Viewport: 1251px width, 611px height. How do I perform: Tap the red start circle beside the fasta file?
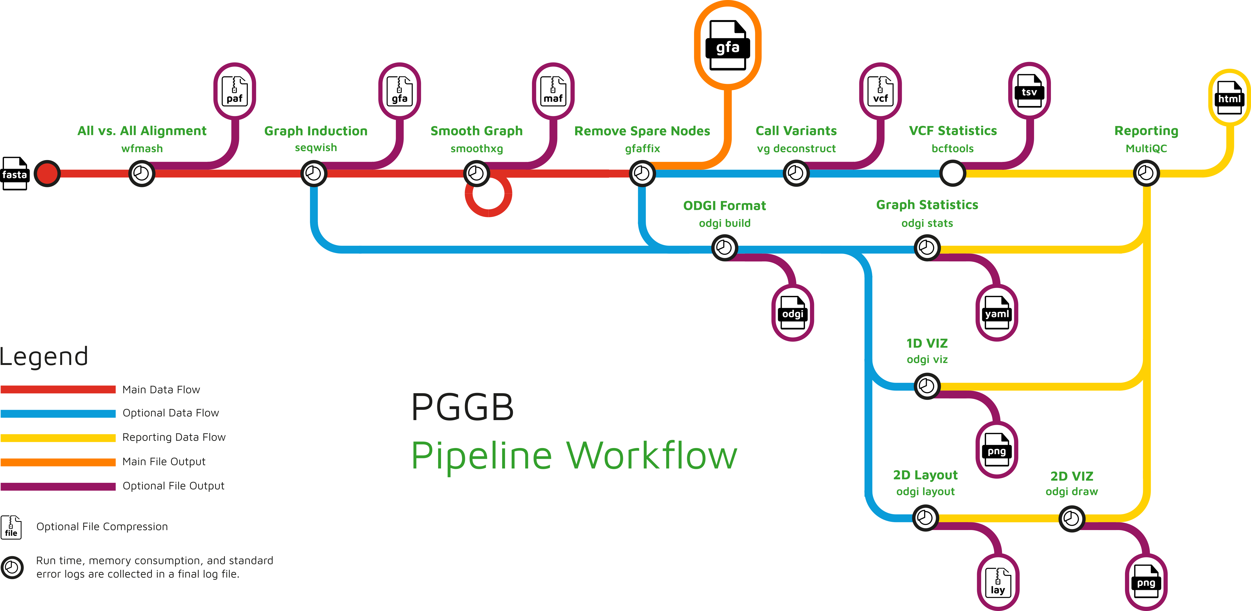[47, 174]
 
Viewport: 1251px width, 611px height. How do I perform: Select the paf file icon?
[235, 91]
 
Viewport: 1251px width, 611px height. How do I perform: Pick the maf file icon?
[553, 91]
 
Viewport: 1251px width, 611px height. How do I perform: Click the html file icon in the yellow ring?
[1229, 98]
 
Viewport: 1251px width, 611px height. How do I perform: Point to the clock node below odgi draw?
[1071, 519]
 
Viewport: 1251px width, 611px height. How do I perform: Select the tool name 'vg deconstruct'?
[796, 149]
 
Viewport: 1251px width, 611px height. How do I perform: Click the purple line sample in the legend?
[58, 486]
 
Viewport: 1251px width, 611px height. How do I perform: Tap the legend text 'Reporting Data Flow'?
[174, 437]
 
